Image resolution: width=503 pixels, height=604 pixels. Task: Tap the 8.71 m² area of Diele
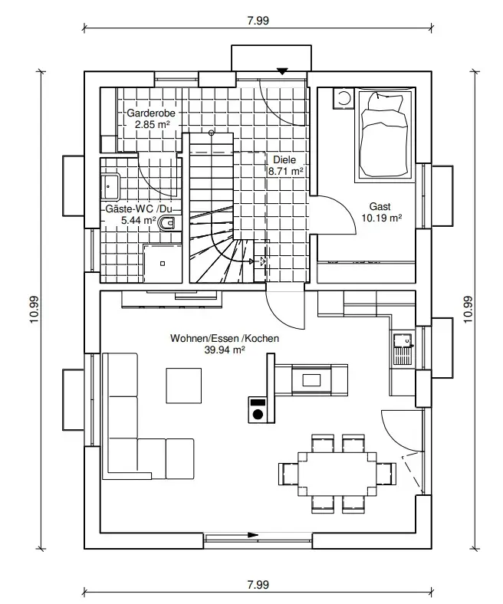[x=285, y=172]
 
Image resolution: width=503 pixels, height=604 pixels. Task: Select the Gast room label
[x=380, y=207]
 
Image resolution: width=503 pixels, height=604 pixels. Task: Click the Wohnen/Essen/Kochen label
[x=224, y=338]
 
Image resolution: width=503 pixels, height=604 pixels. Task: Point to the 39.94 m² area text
[x=224, y=350]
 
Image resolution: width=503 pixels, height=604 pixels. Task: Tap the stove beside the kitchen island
[x=258, y=409]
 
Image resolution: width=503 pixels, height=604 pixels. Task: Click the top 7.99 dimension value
[x=258, y=21]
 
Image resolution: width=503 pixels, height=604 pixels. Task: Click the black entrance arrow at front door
[x=282, y=71]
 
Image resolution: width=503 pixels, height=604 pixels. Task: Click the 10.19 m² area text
[x=381, y=218]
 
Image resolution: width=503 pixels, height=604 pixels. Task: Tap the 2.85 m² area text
[x=152, y=123]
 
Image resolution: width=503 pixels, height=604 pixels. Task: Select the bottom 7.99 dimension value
[x=258, y=584]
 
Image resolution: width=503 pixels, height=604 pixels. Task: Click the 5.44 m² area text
[x=139, y=220]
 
